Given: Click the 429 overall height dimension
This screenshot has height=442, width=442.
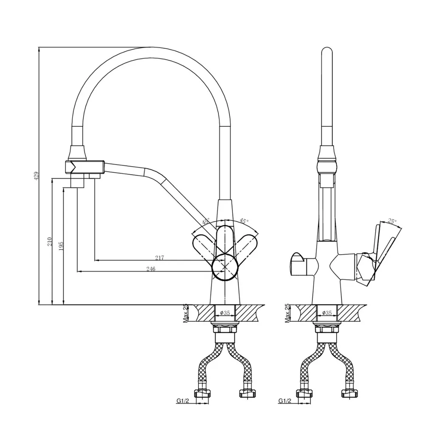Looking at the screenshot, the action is tap(37, 176).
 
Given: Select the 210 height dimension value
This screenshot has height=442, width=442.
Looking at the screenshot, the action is tap(50, 241).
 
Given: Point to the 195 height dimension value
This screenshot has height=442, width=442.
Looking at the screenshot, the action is tap(61, 246).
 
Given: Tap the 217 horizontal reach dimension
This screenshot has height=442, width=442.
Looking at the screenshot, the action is tap(159, 258).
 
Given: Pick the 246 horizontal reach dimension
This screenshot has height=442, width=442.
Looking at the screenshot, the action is tap(151, 269).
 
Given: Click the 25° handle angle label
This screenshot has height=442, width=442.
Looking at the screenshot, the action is tap(391, 221).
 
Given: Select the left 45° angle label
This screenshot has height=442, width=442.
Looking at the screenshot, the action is tap(206, 222).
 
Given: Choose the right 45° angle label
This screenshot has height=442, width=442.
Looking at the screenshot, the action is tap(244, 221).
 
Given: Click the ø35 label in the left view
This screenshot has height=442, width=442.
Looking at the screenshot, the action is tap(225, 313).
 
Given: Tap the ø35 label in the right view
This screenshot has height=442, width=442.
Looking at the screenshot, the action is tap(327, 313).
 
